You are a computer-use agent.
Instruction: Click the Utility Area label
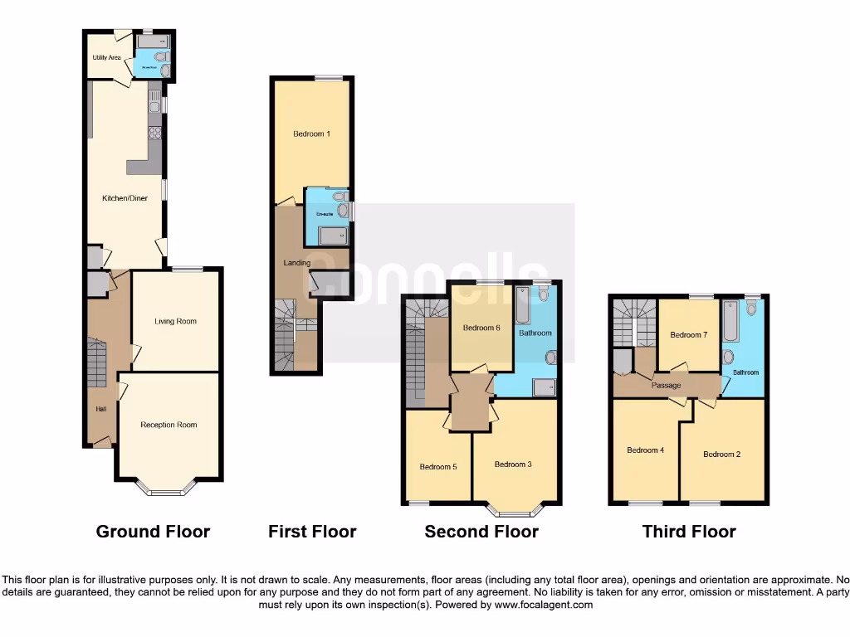[107, 57]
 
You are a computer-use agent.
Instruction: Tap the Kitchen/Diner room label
[125, 198]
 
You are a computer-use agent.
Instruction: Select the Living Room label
[175, 321]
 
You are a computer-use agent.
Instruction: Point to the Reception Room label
[169, 425]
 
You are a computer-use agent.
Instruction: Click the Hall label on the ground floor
[100, 409]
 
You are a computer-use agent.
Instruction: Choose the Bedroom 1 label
[312, 134]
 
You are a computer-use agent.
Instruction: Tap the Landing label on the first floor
[296, 263]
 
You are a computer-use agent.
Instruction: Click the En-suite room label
[324, 214]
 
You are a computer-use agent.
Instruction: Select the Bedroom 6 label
[481, 328]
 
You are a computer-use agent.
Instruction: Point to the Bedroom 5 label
[437, 466]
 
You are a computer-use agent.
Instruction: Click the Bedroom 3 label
[513, 464]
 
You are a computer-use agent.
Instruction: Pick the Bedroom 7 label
[688, 335]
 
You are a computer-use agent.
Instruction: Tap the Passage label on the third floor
[666, 386]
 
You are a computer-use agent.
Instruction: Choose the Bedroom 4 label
[645, 450]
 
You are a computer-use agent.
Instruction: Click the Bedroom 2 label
[721, 455]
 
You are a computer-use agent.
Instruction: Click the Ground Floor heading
[153, 532]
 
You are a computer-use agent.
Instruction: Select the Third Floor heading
[689, 532]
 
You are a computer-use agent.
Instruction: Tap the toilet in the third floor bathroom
[750, 308]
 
